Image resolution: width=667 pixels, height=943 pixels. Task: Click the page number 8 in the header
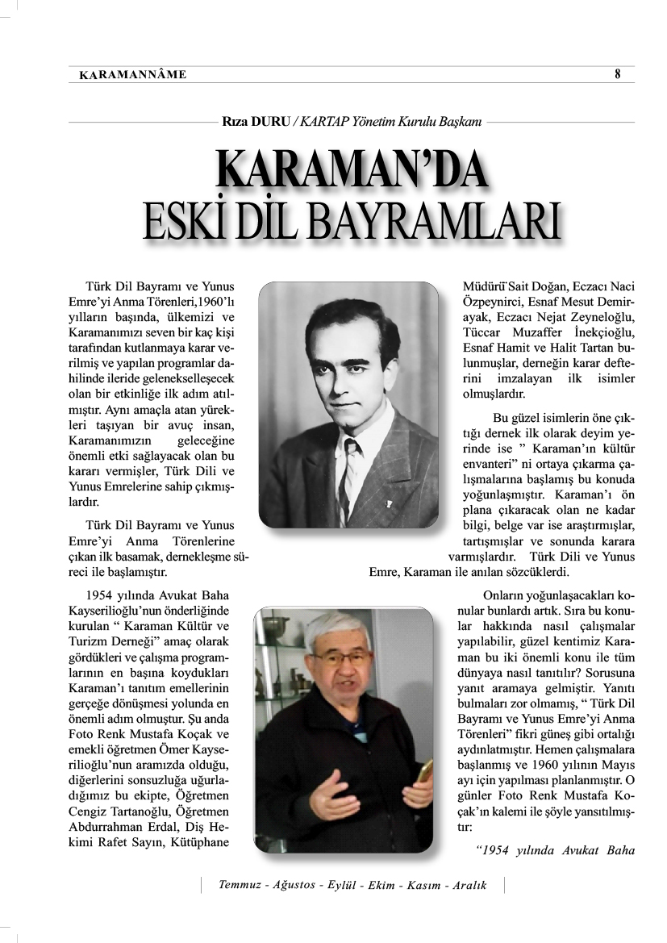click(x=617, y=74)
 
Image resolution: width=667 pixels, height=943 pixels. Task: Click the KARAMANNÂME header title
click(x=133, y=75)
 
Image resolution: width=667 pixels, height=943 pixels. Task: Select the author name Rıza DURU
click(x=256, y=123)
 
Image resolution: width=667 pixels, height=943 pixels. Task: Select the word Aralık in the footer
click(x=469, y=886)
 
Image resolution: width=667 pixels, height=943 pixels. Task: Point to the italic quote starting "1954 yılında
click(x=556, y=849)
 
